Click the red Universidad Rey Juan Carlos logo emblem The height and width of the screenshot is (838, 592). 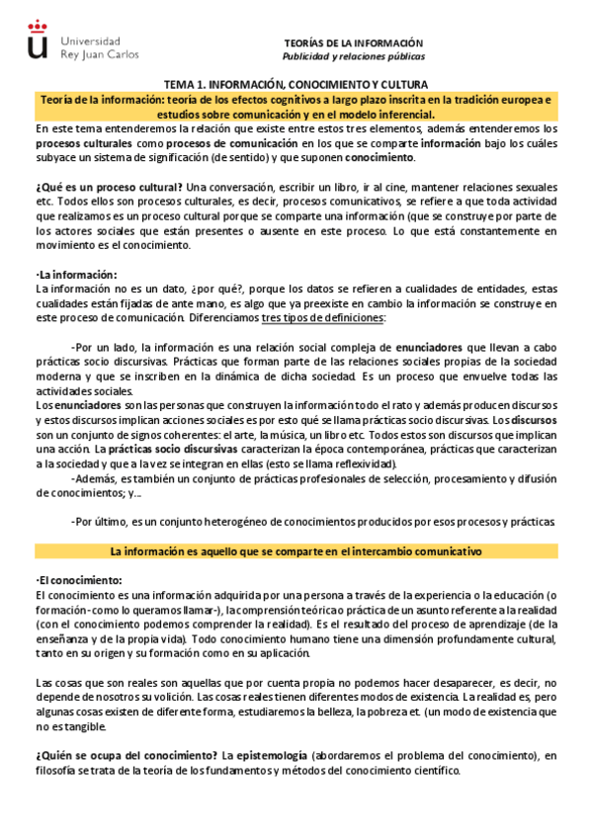pos(39,45)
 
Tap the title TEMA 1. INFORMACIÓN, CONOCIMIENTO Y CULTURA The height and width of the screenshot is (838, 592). pos(296,86)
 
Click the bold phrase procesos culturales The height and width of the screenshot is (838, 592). pos(81,143)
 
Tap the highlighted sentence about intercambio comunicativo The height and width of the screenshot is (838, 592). pos(296,550)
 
